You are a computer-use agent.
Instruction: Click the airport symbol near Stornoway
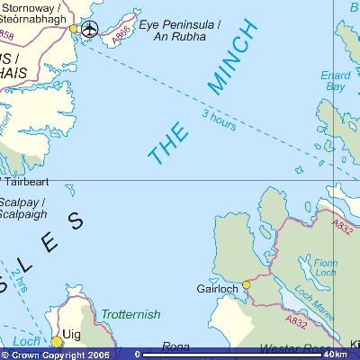pyautogui.click(x=89, y=29)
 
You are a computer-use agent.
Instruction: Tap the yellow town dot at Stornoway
pyautogui.click(x=74, y=28)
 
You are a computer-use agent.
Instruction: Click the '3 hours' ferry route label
pyautogui.click(x=219, y=120)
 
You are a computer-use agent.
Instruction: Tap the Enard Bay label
pyautogui.click(x=335, y=81)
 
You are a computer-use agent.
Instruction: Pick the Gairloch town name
pyautogui.click(x=217, y=289)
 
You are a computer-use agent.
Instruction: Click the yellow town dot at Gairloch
pyautogui.click(x=247, y=284)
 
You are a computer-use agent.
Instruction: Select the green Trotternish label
pyautogui.click(x=130, y=314)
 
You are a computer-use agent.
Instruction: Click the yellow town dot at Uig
pyautogui.click(x=57, y=341)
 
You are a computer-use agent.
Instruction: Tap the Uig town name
pyautogui.click(x=72, y=333)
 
